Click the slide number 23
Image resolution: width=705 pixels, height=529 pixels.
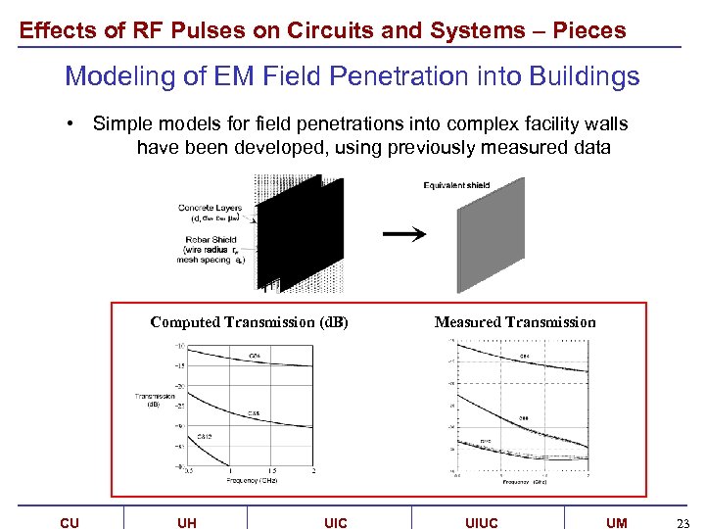point(683,523)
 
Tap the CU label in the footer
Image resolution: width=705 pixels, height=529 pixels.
point(70,523)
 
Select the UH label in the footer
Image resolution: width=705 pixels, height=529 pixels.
point(187,523)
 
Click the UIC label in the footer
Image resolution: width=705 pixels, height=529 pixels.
point(335,523)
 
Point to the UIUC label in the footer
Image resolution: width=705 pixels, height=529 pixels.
point(481,523)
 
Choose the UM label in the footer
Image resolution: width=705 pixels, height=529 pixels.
point(617,523)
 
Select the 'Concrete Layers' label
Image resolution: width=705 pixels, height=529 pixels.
point(209,208)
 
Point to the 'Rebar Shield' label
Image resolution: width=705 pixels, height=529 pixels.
point(209,240)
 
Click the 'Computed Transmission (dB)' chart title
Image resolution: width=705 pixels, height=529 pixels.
point(250,322)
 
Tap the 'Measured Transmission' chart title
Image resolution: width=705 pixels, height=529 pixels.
point(515,322)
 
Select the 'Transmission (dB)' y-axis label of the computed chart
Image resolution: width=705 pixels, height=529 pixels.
point(155,400)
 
